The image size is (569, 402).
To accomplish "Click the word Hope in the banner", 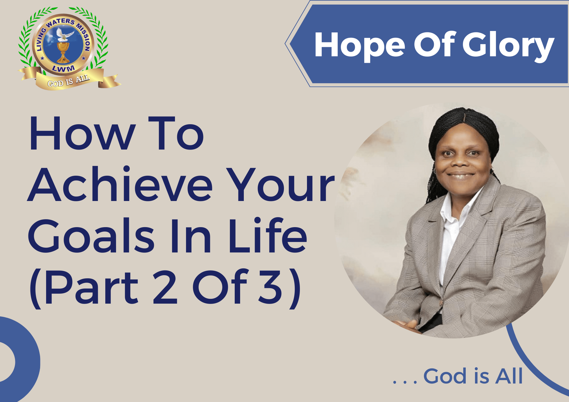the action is click(360, 45).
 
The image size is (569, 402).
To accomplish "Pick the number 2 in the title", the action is click(165, 287).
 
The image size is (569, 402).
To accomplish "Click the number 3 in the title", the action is click(270, 287).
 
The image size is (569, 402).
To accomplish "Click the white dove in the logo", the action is click(64, 34).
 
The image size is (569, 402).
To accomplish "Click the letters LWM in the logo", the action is click(63, 69).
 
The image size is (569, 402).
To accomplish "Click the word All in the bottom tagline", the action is click(509, 376).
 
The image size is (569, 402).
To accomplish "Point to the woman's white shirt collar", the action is click(455, 210).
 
